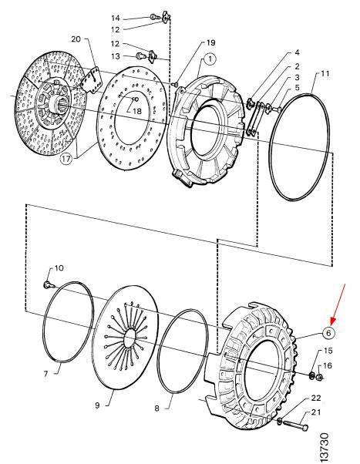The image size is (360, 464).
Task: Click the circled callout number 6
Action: tap(328, 333)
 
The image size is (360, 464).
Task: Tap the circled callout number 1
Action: tap(210, 59)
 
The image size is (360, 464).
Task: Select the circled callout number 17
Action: tap(66, 159)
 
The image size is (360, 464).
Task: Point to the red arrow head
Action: tap(333, 321)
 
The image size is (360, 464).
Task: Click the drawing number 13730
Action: tap(325, 447)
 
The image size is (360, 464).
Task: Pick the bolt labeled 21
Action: tap(296, 425)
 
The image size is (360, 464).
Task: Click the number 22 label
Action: tap(316, 398)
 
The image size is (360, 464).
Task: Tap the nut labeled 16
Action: tap(319, 377)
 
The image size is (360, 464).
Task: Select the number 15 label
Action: tap(328, 351)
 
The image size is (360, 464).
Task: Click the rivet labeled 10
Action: tap(48, 284)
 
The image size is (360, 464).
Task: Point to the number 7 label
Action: tap(45, 375)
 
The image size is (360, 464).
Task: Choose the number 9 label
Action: tap(97, 405)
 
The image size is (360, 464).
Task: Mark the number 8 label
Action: tap(156, 409)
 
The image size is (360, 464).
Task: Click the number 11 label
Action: tap(325, 73)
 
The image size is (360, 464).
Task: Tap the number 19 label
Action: tap(210, 42)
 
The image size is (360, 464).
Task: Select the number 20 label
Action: tap(76, 39)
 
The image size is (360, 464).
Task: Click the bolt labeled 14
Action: tap(153, 17)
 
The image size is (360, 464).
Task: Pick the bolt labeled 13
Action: tap(140, 55)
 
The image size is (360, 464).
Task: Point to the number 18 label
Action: tap(137, 111)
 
